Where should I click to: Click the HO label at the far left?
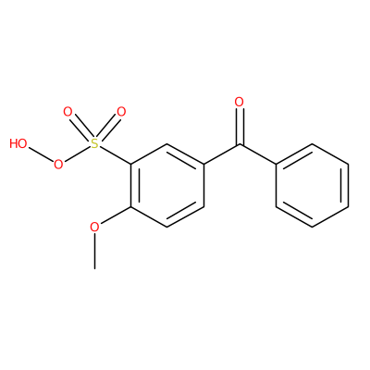[x=18, y=143]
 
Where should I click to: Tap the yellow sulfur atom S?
[x=94, y=143]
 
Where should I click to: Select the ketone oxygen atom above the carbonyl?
[x=240, y=102]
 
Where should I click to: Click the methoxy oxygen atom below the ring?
[x=94, y=228]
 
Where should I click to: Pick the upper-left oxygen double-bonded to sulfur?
[x=68, y=112]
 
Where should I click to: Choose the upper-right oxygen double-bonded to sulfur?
[x=121, y=112]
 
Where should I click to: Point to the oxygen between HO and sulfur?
[x=58, y=165]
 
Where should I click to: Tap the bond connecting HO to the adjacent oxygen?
[x=41, y=154]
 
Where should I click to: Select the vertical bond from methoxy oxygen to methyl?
[x=94, y=252]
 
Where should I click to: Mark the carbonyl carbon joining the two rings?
[x=240, y=144]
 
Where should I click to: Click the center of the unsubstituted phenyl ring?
[x=313, y=185]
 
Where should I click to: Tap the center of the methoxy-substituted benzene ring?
[x=167, y=185]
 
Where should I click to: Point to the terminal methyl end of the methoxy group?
[x=94, y=268]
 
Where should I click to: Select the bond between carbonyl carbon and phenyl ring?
[x=258, y=154]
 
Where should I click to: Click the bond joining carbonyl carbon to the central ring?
[x=221, y=154]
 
